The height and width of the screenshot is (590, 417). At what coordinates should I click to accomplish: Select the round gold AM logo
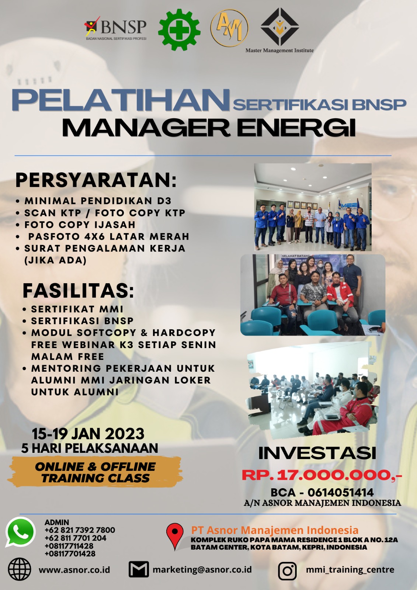[x=229, y=28]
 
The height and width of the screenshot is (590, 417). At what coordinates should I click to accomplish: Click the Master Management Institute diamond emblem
[x=279, y=27]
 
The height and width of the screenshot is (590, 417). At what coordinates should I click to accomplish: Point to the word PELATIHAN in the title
[x=121, y=100]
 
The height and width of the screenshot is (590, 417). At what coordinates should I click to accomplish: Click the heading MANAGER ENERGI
[x=209, y=128]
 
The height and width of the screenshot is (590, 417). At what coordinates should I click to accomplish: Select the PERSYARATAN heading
[x=96, y=180]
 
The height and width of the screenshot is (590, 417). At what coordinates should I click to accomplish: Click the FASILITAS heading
[x=78, y=291]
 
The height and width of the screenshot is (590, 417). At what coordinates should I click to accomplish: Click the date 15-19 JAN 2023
[x=88, y=434]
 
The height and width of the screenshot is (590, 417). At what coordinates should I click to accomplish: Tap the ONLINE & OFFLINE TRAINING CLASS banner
[x=95, y=472]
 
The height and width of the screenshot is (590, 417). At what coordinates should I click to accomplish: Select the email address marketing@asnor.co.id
[x=202, y=569]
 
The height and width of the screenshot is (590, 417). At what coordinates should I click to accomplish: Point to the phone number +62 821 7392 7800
[x=80, y=530]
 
